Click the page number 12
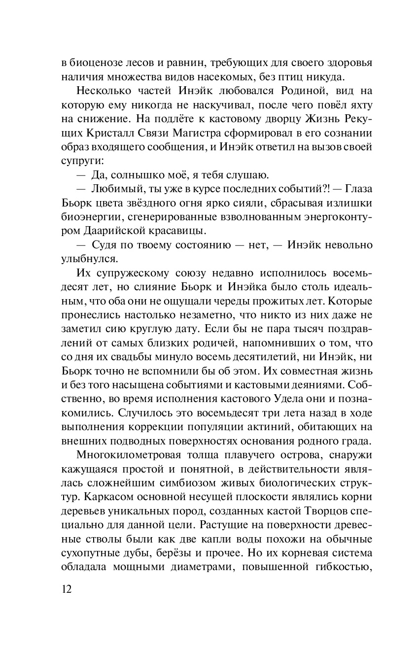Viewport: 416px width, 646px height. click(67, 590)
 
